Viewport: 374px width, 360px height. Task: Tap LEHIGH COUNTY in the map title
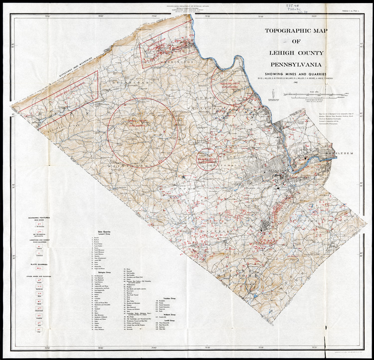(x=297, y=53)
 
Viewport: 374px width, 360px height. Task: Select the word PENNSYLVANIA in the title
(x=297, y=64)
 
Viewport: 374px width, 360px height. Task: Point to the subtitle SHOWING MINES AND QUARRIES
(x=297, y=73)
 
